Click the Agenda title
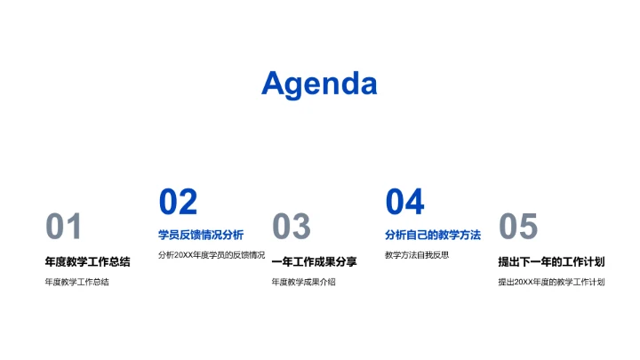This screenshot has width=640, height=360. tap(319, 84)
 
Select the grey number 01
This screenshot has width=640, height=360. tap(63, 228)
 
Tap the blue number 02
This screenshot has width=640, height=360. tap(178, 203)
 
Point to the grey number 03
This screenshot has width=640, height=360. tap(291, 228)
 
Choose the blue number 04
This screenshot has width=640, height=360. tap(404, 203)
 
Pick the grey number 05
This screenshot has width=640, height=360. tap(517, 228)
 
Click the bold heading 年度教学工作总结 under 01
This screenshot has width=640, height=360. tap(87, 261)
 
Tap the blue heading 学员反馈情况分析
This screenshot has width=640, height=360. tap(201, 235)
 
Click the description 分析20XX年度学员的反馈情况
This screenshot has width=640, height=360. tap(212, 255)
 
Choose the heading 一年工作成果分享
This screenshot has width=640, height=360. tap(314, 261)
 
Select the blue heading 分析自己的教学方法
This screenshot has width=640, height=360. tap(433, 235)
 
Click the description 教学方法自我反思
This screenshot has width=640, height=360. tap(417, 255)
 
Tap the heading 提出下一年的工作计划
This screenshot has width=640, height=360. tap(551, 261)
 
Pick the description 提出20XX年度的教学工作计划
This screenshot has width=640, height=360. tap(551, 283)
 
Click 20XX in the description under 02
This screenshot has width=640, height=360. tap(184, 255)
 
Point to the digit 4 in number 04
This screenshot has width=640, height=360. tap(415, 203)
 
